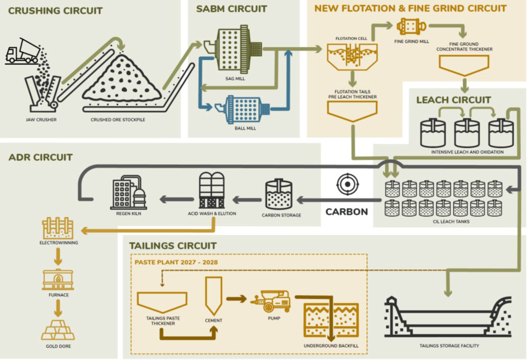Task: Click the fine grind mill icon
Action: (411, 25)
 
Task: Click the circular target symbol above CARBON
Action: (346, 184)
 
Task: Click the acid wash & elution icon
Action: (211, 190)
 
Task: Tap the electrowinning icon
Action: (58, 227)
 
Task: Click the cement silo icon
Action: (213, 296)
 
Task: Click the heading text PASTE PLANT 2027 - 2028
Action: (176, 262)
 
